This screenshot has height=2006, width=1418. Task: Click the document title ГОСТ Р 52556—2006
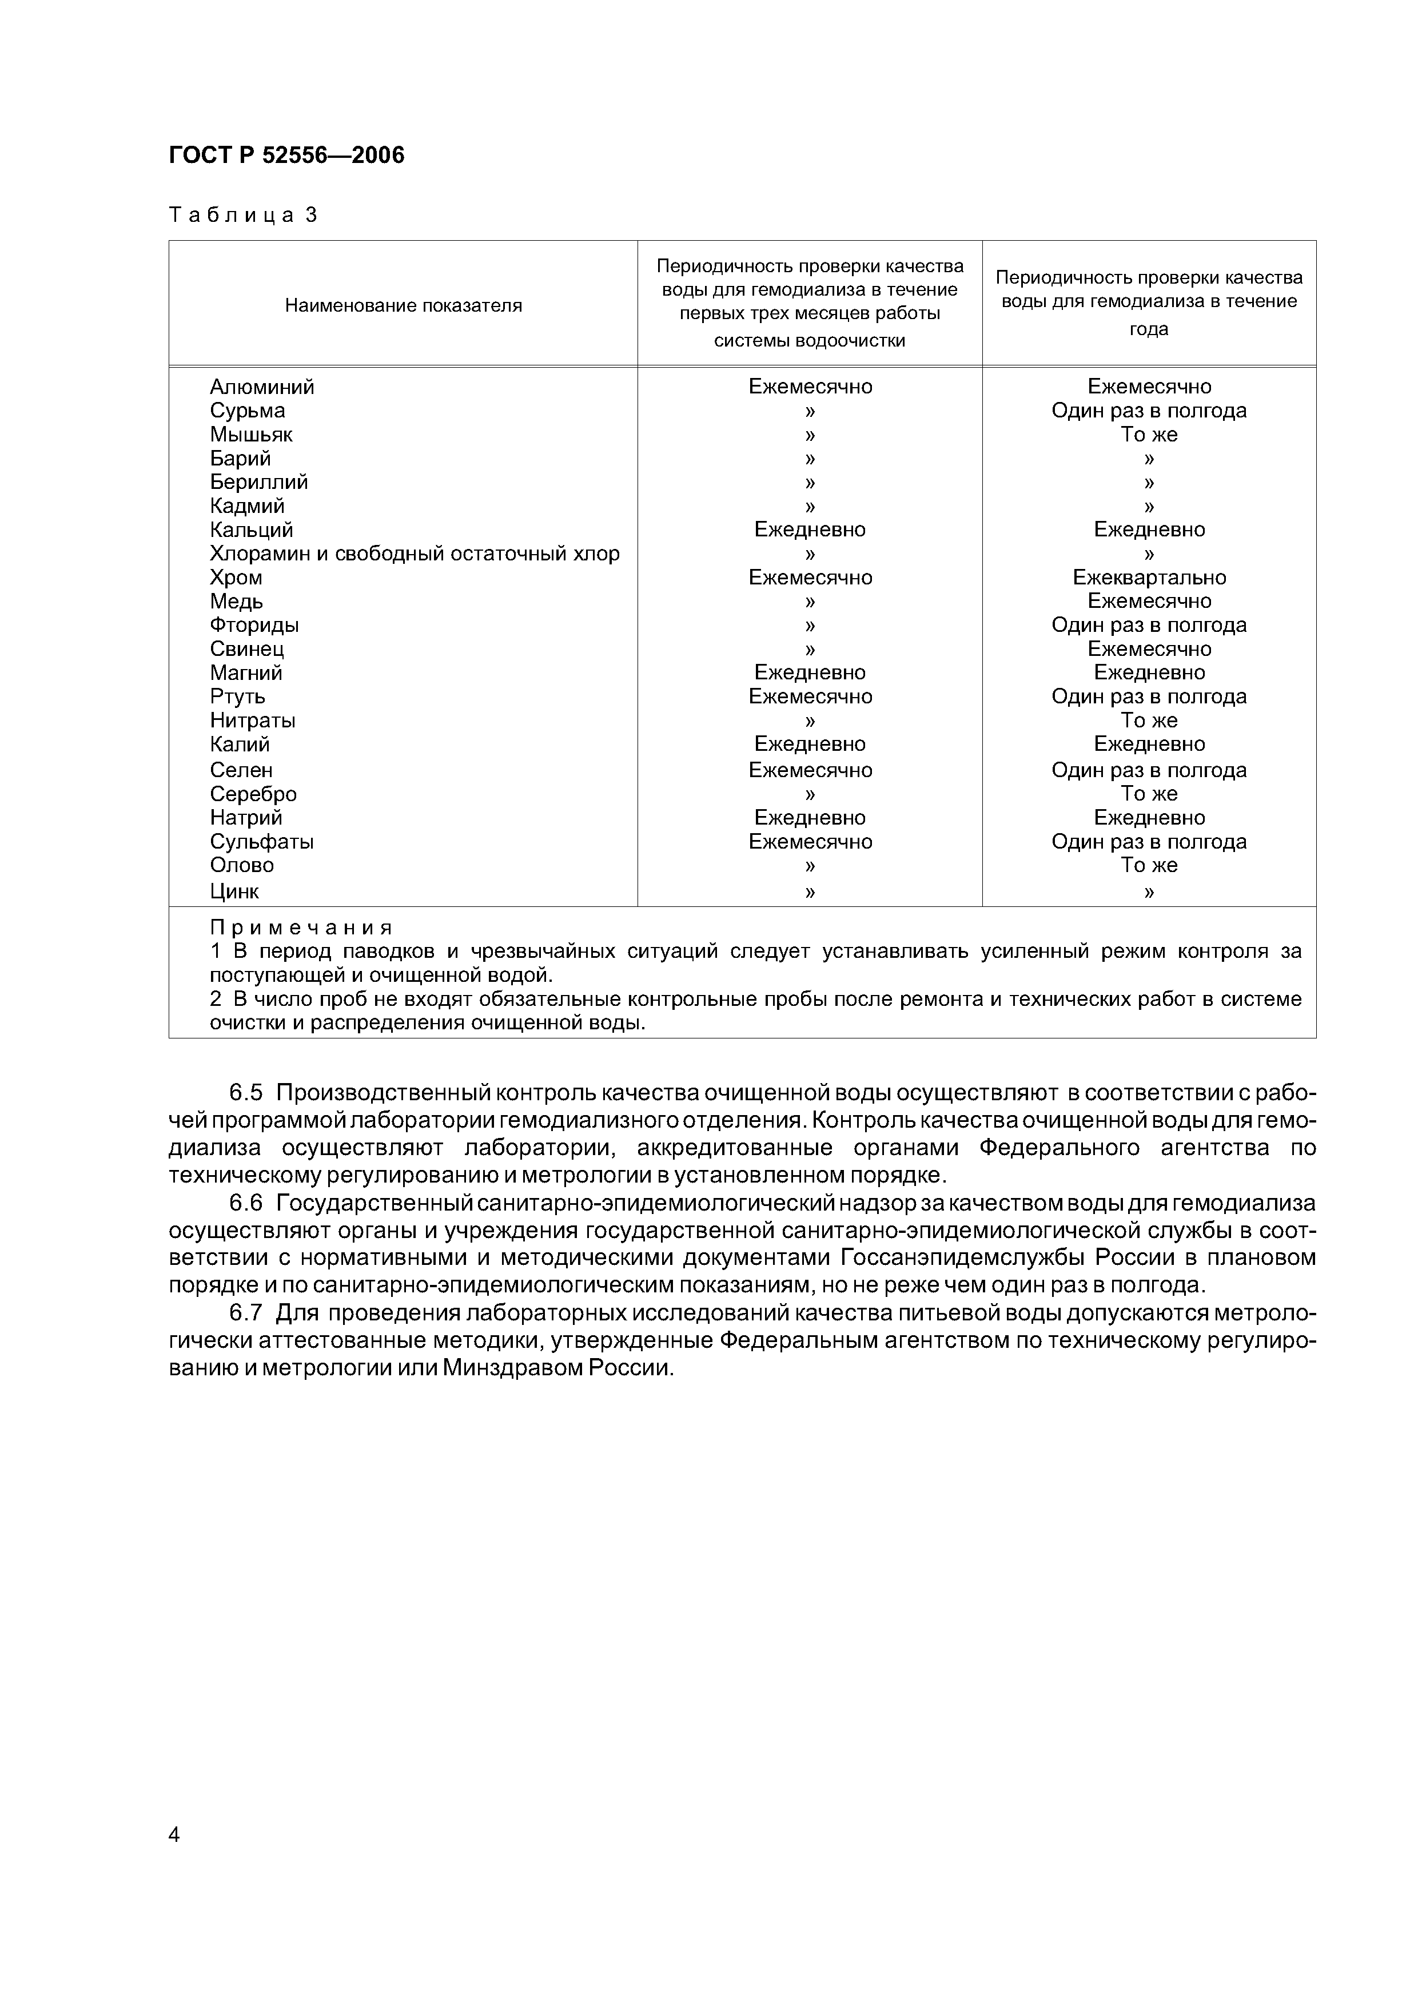(x=286, y=156)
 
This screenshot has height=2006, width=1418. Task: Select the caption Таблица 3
(x=243, y=215)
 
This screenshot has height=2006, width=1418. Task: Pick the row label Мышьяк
(x=251, y=434)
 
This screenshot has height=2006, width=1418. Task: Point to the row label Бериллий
(x=258, y=482)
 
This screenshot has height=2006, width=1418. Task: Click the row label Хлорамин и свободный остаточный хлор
(x=414, y=554)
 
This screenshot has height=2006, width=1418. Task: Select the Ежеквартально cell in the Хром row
(x=1149, y=578)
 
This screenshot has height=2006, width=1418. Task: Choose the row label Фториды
(x=254, y=626)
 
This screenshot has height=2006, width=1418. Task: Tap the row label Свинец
(x=246, y=649)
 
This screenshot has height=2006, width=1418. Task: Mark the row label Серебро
(x=253, y=794)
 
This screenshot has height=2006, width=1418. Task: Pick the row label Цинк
(x=234, y=891)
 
